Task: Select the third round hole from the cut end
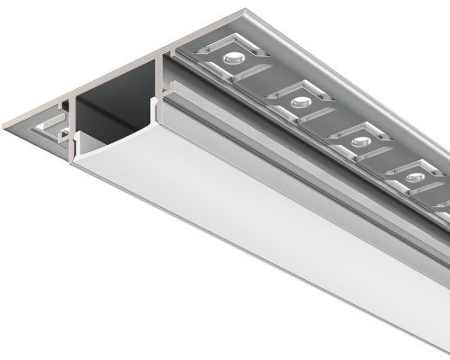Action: click(360, 140)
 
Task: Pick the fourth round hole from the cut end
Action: click(415, 177)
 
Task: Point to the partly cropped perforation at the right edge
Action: click(444, 213)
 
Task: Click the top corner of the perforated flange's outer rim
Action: click(244, 12)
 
